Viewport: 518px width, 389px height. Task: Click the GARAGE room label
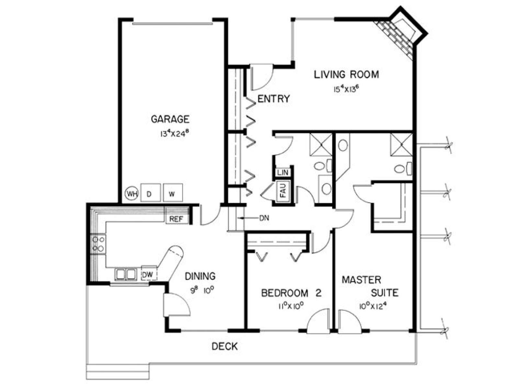[x=170, y=119]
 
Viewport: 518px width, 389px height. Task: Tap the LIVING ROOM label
[x=346, y=75]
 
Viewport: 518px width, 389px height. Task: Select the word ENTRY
[x=274, y=99]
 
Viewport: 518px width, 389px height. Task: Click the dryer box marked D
[x=151, y=193]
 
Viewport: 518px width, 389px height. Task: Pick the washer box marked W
[x=173, y=193]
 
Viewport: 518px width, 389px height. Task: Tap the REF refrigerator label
[x=176, y=219]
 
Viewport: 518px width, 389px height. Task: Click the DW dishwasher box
[x=149, y=273]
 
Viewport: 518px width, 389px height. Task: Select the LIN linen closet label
[x=283, y=172]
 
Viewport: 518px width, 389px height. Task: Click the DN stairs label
[x=264, y=218]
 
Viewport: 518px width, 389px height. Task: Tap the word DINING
[x=200, y=276]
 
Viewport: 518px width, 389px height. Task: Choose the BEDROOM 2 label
[x=291, y=293]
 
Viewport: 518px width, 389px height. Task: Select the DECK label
[x=225, y=347]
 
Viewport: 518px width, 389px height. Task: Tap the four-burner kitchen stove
[x=98, y=244]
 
